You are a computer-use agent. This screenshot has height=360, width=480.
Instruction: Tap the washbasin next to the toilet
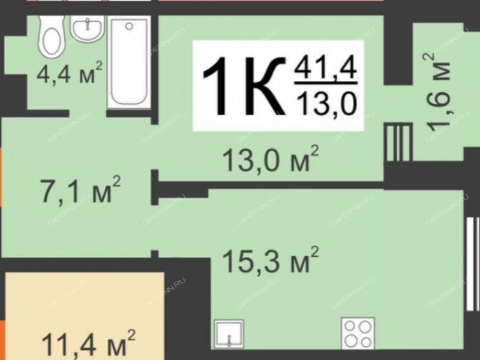point(88,28)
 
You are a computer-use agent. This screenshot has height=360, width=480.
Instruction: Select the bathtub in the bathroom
point(129,62)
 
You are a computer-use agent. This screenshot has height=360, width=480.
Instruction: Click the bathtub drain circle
point(129,26)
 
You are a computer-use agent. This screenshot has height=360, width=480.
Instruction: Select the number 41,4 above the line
point(325,69)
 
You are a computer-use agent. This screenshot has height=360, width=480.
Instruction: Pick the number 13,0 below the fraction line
point(328,103)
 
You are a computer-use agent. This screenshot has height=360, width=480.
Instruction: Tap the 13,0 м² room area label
point(271,159)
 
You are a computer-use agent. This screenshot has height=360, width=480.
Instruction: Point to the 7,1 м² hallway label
point(81,190)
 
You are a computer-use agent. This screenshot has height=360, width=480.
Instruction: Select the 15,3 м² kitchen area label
point(271,260)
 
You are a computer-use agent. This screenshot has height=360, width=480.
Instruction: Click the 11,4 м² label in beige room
point(88,344)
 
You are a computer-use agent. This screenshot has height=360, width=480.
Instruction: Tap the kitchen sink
point(229,334)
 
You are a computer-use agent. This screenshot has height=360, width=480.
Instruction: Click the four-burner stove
point(358,334)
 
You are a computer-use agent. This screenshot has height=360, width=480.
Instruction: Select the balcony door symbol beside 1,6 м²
point(398,142)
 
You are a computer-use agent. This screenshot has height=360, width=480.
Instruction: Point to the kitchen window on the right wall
point(473,263)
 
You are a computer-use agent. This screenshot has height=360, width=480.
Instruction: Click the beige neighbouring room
point(85,316)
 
